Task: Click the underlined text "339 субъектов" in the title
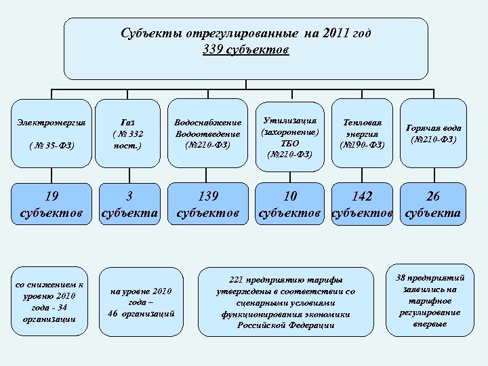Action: click(245, 50)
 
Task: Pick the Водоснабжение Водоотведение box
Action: click(207, 134)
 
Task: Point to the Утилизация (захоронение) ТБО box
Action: click(289, 136)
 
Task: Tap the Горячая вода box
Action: click(434, 133)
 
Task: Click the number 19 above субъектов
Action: click(51, 197)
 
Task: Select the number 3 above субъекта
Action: click(129, 197)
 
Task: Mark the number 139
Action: click(207, 197)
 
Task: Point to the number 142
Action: click(362, 197)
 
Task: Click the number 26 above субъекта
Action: click(433, 197)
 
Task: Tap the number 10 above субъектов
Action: click(290, 197)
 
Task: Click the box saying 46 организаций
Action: click(141, 302)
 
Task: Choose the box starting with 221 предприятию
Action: click(285, 302)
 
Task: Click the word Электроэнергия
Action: click(51, 123)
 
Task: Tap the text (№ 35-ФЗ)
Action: click(51, 144)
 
